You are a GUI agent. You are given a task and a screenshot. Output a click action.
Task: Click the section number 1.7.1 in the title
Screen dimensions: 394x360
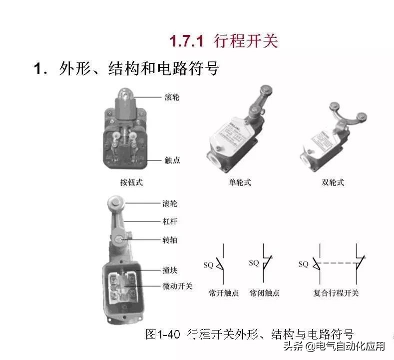[187, 41]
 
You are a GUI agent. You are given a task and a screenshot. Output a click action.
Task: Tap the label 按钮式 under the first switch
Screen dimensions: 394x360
[131, 182]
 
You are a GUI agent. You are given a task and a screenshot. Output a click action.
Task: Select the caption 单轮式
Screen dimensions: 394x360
[240, 182]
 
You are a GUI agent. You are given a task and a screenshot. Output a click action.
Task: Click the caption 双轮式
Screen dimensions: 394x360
[333, 182]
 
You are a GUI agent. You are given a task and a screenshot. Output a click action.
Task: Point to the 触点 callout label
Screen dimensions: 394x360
[172, 160]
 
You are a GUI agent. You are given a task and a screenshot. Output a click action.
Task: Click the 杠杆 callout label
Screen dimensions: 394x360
[170, 221]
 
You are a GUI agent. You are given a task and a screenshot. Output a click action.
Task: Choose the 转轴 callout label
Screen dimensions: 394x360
[170, 240]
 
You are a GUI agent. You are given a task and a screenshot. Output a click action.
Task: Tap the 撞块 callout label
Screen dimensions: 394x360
[170, 270]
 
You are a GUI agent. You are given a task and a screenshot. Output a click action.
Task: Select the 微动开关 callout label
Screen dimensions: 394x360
[177, 286]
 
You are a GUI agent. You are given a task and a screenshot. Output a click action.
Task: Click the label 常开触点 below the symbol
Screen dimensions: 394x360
[223, 293]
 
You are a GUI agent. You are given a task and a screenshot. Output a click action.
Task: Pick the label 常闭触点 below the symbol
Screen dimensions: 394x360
[264, 293]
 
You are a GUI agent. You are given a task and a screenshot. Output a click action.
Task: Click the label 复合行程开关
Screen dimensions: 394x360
[336, 293]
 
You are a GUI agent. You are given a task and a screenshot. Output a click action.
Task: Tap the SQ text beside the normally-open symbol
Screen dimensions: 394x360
[208, 265]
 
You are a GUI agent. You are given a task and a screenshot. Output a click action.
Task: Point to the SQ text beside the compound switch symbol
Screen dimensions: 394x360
[303, 264]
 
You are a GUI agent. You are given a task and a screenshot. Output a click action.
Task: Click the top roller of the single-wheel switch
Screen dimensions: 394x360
[266, 90]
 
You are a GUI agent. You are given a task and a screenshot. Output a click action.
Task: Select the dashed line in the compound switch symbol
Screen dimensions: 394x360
[338, 263]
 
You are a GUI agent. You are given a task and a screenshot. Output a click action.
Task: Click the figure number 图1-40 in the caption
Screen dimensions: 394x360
[163, 334]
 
